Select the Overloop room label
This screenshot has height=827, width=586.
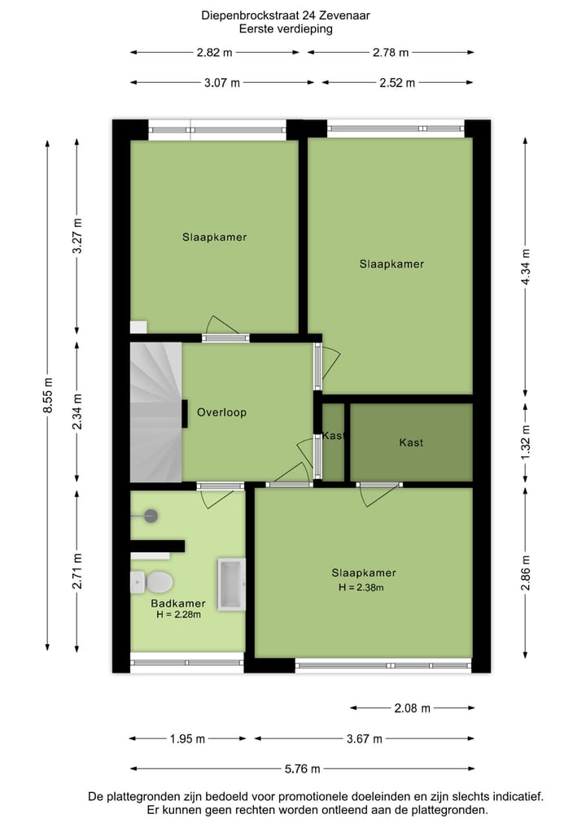click(x=221, y=412)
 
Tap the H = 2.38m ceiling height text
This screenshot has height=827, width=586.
click(x=360, y=587)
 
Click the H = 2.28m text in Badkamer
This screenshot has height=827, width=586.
click(x=179, y=615)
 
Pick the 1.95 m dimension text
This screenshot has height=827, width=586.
click(x=186, y=738)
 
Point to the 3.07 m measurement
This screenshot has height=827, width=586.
click(x=222, y=82)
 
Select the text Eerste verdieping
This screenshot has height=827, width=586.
click(x=286, y=28)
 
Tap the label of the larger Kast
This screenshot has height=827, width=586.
click(x=411, y=442)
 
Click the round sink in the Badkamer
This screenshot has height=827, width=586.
click(x=150, y=514)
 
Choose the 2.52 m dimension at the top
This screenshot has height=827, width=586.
click(x=398, y=82)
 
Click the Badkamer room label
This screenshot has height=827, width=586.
click(x=177, y=603)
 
